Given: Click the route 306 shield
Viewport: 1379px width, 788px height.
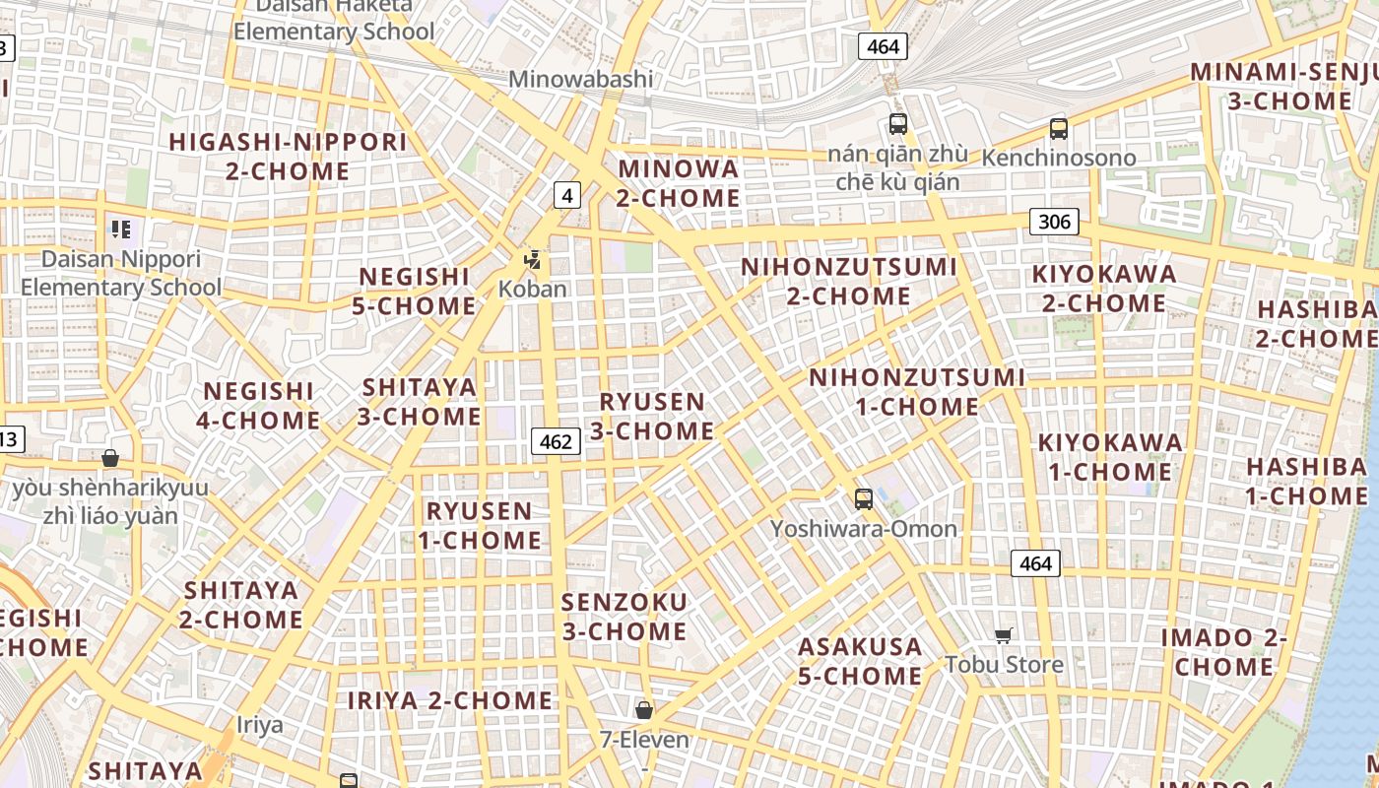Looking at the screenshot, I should pyautogui.click(x=1054, y=222).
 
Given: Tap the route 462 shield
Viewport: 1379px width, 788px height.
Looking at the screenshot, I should pyautogui.click(x=556, y=441).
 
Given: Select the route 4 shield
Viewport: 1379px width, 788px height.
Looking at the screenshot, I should pyautogui.click(x=566, y=195).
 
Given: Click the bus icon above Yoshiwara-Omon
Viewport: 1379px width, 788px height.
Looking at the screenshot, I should pyautogui.click(x=864, y=499).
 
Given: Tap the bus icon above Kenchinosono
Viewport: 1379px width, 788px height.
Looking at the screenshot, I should pyautogui.click(x=1059, y=129).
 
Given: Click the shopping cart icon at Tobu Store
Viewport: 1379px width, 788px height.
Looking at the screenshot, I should pyautogui.click(x=1004, y=635).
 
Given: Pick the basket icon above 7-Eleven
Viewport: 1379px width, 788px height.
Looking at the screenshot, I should pyautogui.click(x=644, y=710).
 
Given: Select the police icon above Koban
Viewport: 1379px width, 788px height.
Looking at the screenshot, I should pyautogui.click(x=533, y=260).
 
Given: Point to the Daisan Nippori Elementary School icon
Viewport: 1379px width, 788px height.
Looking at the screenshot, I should pyautogui.click(x=121, y=230).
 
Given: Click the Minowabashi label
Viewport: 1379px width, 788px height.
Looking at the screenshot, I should pyautogui.click(x=581, y=79).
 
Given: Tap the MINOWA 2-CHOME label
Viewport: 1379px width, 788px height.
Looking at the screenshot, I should pyautogui.click(x=679, y=183).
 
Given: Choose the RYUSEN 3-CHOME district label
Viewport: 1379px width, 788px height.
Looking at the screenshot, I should pyautogui.click(x=652, y=416).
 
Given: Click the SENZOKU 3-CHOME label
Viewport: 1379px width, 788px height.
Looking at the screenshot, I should pyautogui.click(x=624, y=616).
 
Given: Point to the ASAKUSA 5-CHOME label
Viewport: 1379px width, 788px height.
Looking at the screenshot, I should pyautogui.click(x=860, y=661).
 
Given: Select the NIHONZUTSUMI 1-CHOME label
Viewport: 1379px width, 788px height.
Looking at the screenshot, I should pyautogui.click(x=916, y=391).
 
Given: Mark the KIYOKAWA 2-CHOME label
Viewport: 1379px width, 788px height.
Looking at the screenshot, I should pyautogui.click(x=1103, y=288).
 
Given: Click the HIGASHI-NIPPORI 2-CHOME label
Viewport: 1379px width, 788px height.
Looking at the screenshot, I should pyautogui.click(x=288, y=156).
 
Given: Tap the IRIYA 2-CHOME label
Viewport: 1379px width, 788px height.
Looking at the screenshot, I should pyautogui.click(x=450, y=700).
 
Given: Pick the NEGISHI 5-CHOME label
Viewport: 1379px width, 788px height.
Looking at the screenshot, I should pyautogui.click(x=415, y=291).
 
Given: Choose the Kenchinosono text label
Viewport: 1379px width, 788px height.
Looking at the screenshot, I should pyautogui.click(x=1059, y=158).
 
